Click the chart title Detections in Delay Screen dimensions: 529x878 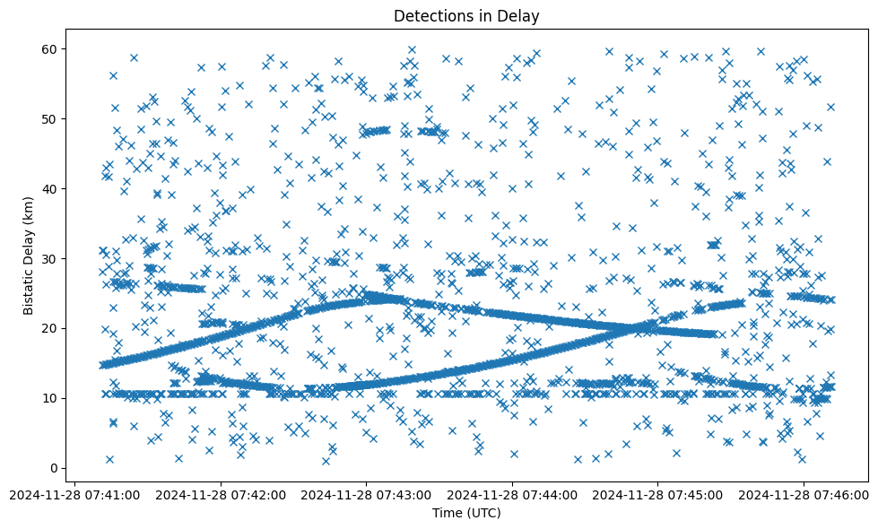(x=466, y=15)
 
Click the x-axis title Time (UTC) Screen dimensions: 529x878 (x=466, y=513)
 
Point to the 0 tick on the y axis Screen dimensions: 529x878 (x=57, y=468)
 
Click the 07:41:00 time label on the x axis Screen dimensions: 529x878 (x=75, y=494)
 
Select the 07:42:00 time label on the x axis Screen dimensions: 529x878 (x=221, y=494)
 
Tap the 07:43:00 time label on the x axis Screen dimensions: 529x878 (x=366, y=494)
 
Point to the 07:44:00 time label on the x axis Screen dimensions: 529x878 (x=512, y=494)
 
